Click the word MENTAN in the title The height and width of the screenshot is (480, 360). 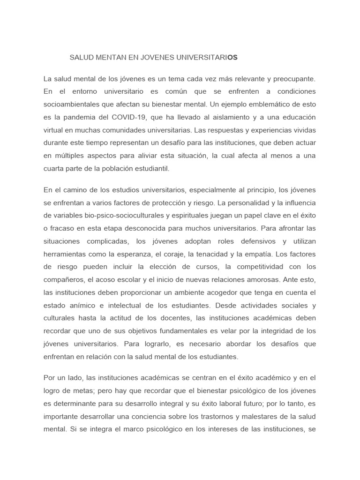point(107,57)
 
